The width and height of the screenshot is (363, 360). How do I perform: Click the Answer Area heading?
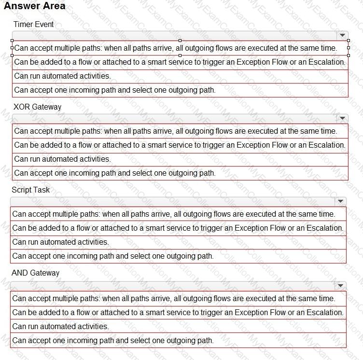[34, 6]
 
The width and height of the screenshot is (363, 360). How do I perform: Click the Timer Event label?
[34, 24]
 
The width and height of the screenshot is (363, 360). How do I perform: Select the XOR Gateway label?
[38, 107]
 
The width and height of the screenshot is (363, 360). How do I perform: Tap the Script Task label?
[31, 190]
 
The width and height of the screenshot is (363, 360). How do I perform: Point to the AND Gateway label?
[36, 273]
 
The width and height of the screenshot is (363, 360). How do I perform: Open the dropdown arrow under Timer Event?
[342, 35]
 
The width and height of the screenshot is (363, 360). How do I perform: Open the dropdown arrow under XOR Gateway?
[342, 118]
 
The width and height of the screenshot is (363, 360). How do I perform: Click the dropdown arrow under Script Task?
[340, 201]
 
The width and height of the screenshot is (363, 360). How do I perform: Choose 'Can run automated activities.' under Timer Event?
[63, 76]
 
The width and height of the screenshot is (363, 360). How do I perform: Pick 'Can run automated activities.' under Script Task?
[61, 242]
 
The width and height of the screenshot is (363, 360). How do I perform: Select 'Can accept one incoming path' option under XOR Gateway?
[115, 173]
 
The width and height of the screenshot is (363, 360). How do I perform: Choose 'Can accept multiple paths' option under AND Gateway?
[173, 298]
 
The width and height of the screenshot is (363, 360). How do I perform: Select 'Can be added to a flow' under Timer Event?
[180, 62]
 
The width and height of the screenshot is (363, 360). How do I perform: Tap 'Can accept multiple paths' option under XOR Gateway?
[175, 131]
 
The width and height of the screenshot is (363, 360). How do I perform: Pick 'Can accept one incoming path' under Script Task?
[113, 256]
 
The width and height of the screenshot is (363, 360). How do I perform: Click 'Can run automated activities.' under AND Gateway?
[61, 326]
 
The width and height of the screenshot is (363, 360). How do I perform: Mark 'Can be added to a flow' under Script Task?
[178, 228]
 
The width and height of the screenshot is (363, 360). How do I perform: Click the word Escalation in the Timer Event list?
[328, 62]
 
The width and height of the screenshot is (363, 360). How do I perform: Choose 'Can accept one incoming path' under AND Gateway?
[113, 340]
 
